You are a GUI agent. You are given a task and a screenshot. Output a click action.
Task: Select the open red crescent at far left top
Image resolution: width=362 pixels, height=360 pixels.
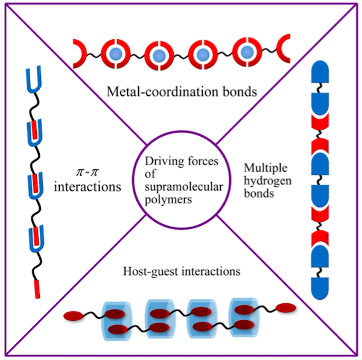[80, 54]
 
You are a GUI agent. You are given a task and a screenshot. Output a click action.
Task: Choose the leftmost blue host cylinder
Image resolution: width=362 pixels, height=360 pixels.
[116, 318]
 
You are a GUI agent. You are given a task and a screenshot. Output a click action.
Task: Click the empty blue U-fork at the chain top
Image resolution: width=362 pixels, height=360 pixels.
[36, 79]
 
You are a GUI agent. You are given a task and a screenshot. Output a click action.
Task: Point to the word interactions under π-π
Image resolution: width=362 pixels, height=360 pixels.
[88, 187]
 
